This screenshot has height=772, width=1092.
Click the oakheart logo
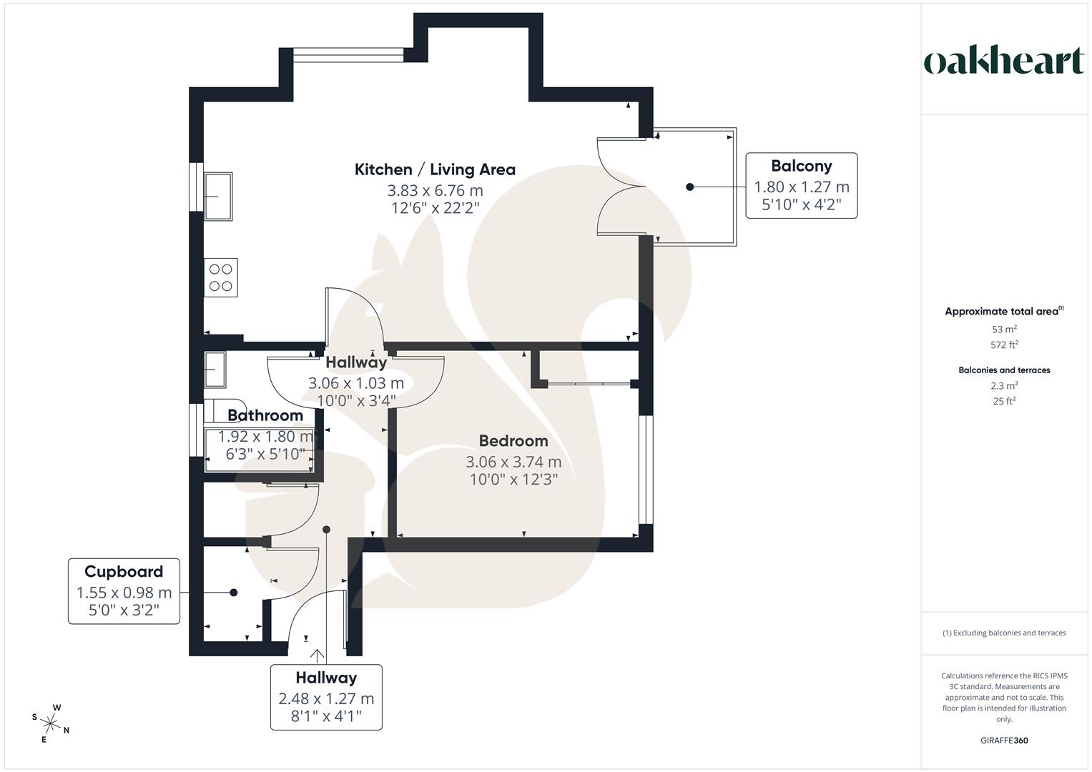tap(1003, 61)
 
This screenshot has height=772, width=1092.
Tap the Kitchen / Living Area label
tap(435, 169)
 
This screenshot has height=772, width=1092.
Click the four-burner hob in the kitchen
tap(220, 278)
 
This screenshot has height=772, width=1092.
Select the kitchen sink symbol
tap(218, 196)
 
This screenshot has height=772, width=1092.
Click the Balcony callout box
tap(801, 186)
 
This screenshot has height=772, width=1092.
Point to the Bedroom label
tap(513, 441)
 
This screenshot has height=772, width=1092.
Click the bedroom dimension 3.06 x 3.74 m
tap(513, 462)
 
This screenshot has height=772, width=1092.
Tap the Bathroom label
tap(265, 415)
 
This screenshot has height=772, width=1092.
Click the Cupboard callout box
tap(124, 591)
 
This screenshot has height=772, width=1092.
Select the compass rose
tap(51, 723)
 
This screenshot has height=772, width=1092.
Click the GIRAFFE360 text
tap(1004, 741)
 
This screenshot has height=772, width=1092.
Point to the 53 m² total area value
tap(1004, 330)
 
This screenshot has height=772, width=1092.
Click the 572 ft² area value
tap(1004, 345)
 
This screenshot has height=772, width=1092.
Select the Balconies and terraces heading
tap(1004, 370)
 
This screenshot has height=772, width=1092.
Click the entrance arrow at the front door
tap(318, 653)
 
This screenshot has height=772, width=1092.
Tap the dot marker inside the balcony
tap(689, 187)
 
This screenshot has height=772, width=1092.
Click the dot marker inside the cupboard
tap(233, 593)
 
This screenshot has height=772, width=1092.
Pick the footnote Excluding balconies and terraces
tap(1004, 633)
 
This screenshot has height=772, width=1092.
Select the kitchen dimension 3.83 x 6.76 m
tap(435, 191)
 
